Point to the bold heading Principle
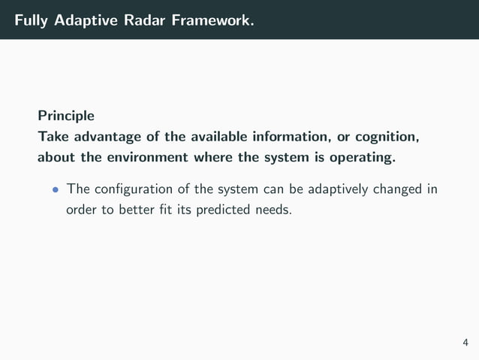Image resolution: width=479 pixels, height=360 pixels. click(x=66, y=116)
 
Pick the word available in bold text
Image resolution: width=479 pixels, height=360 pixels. click(x=218, y=138)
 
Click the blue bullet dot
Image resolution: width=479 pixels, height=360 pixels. click(x=55, y=189)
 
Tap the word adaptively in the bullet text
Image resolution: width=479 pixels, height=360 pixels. click(x=336, y=189)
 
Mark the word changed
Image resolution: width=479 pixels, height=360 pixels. click(x=398, y=189)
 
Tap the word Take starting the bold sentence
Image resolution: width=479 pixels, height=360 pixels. click(x=53, y=138)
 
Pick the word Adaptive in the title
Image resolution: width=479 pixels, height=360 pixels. click(x=85, y=20)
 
